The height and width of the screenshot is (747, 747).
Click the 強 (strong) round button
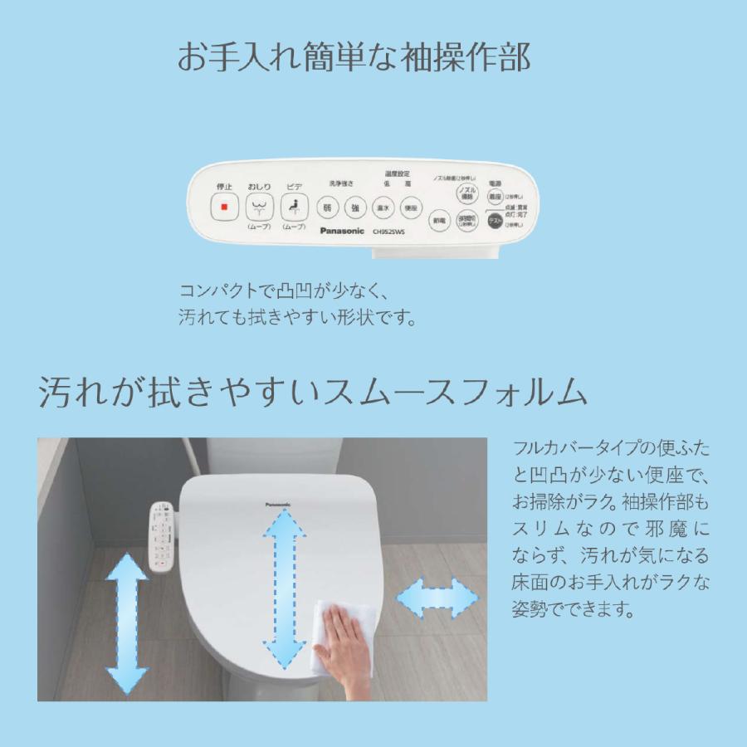[x=354, y=207]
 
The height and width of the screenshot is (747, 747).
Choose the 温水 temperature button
[x=383, y=207]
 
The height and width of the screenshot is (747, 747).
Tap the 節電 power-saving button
[x=438, y=221]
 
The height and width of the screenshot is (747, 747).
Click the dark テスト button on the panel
[x=495, y=221]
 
